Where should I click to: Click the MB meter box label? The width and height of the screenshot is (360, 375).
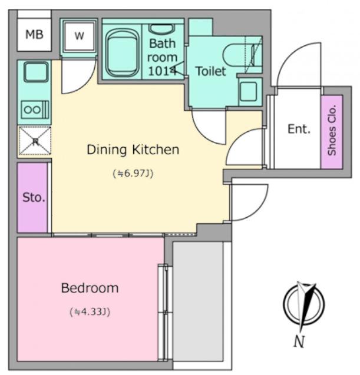(34, 34)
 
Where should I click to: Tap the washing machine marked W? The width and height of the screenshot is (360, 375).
(79, 36)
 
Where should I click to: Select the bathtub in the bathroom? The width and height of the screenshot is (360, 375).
(122, 52)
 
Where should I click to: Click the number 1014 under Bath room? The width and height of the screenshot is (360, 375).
(162, 71)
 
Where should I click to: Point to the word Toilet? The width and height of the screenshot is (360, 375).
(211, 71)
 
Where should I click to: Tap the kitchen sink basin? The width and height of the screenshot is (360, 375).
(36, 72)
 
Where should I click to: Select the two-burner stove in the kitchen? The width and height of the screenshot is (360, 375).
(35, 109)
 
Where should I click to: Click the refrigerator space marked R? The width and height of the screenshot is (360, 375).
(35, 141)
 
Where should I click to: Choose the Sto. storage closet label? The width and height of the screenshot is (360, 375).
(34, 198)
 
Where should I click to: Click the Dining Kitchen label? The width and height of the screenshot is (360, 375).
(133, 150)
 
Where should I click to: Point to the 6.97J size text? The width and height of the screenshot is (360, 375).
(133, 174)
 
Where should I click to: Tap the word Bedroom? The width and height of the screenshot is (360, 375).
(90, 288)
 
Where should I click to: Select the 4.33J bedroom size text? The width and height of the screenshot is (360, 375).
(90, 312)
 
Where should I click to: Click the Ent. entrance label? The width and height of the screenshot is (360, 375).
(299, 129)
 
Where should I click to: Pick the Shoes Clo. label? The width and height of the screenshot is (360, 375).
(332, 130)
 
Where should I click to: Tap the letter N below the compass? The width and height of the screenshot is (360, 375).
(299, 341)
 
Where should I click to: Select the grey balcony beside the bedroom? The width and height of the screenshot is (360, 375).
(198, 301)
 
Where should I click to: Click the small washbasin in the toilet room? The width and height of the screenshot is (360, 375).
(249, 91)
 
